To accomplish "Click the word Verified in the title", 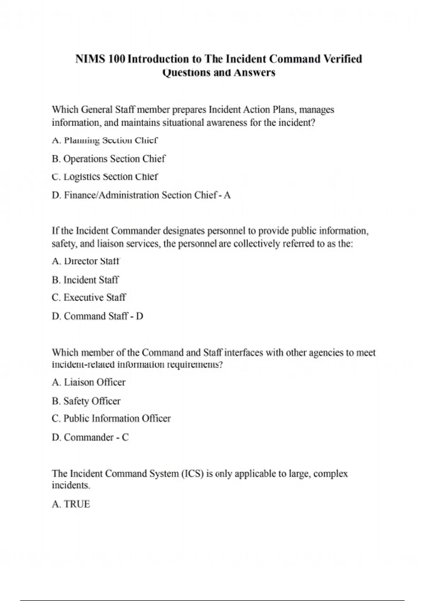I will tap(343, 59).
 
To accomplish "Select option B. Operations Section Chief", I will tap(108, 159).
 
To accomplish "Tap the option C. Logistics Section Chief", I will tap(105, 176).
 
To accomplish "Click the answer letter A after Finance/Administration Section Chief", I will tap(227, 195).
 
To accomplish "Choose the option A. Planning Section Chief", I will tap(104, 140).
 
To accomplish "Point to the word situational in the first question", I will tap(183, 123).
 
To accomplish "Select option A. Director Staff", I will tap(86, 261).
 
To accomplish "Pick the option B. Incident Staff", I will tap(85, 280).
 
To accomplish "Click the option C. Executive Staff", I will tap(89, 297).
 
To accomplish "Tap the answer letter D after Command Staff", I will tap(140, 316).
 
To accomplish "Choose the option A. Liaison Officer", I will tap(89, 382).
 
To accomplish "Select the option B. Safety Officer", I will tap(86, 401).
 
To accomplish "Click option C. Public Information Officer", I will tap(111, 419).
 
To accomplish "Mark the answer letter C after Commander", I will tap(125, 437).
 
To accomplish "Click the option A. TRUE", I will tap(71, 504).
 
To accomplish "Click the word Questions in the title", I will tap(186, 73).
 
